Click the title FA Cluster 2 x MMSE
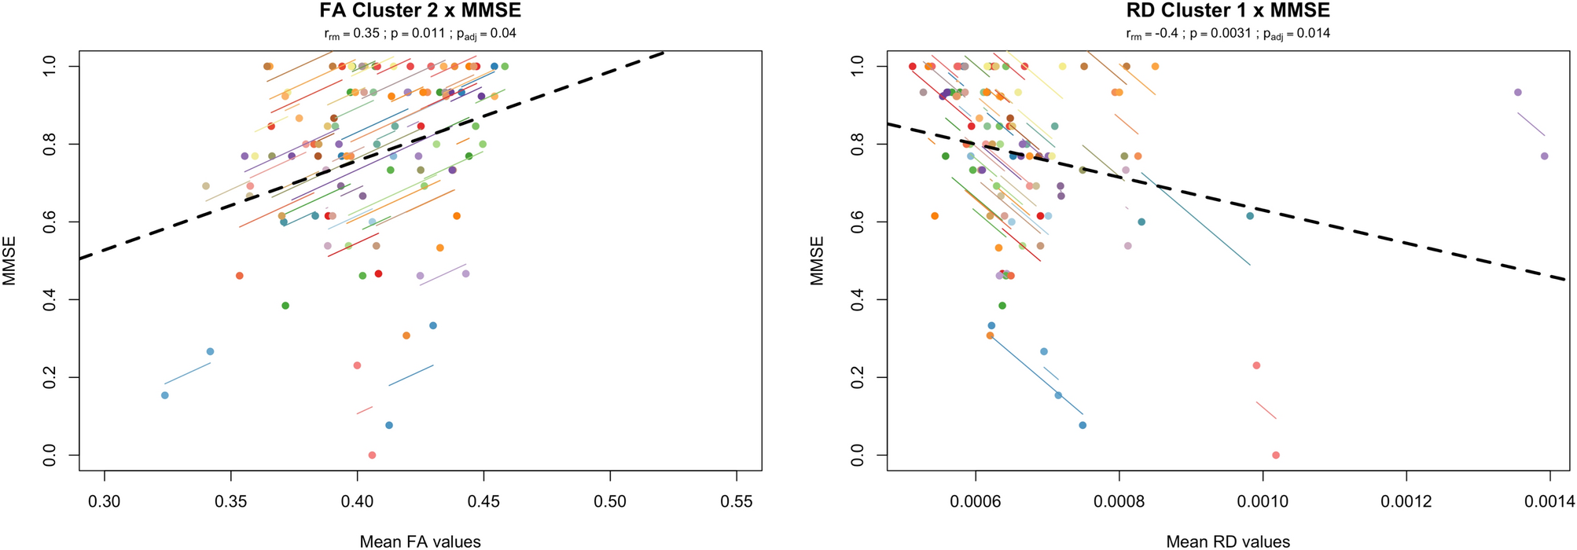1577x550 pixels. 420,11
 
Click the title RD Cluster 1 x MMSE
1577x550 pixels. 1228,11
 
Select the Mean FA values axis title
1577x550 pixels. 420,541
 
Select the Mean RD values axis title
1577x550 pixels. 1228,541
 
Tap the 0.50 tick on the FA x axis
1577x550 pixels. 610,501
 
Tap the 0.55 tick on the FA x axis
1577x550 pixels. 737,501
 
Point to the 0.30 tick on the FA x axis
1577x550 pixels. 105,501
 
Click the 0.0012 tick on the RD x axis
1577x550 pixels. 1406,501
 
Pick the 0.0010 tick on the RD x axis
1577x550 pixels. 1263,501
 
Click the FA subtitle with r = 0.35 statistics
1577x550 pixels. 420,34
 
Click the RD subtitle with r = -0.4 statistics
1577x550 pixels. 1228,34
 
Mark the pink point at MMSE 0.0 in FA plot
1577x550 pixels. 372,455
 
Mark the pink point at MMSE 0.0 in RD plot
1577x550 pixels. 1276,455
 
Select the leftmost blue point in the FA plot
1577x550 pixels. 165,395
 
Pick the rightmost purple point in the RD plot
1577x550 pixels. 1544,156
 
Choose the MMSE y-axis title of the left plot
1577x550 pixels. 10,261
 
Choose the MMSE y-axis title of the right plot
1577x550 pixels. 818,261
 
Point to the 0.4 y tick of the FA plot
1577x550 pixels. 50,299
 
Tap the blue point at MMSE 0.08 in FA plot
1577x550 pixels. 388,425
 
